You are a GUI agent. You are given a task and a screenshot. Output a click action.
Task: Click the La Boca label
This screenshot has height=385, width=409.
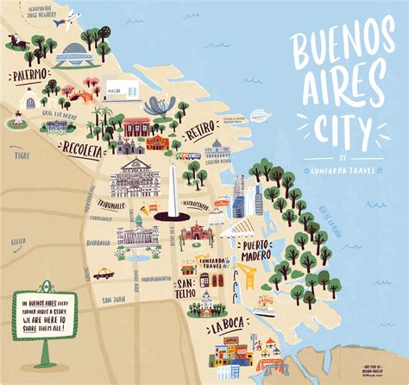(230, 328)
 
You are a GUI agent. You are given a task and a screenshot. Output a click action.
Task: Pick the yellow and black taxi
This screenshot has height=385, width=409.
(104, 273)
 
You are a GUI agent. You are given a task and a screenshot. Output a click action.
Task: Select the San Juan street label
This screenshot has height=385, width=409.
(113, 300)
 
